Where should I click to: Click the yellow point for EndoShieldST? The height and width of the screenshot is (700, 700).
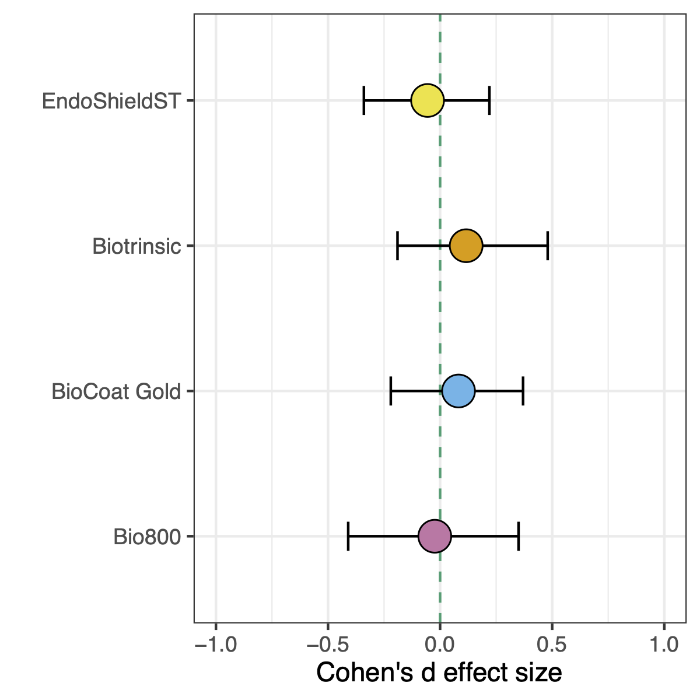point(428,100)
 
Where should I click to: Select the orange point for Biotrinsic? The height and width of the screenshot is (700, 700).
point(466,246)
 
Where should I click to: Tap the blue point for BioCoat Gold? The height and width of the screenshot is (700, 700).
point(459,391)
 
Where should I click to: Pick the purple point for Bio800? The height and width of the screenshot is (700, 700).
point(435,536)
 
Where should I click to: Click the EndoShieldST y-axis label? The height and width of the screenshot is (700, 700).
point(111,101)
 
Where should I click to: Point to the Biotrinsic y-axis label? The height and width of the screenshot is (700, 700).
point(136,246)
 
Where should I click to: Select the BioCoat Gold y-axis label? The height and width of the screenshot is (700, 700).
point(116,391)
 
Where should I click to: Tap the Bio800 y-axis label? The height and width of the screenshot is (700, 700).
point(148,537)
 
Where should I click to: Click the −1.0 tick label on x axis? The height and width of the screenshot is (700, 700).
point(216,645)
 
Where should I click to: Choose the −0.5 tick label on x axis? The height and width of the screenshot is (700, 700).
point(328,645)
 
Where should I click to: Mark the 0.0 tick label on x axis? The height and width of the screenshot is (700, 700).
point(440,645)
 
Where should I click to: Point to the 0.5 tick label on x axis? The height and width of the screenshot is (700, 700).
point(552,645)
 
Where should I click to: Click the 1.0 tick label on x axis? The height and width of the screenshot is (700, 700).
point(664,645)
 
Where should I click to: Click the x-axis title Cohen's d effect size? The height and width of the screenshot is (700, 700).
point(439,673)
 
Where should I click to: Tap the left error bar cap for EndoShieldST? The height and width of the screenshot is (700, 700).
point(364,100)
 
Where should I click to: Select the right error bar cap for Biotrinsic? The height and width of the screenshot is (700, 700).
point(547,246)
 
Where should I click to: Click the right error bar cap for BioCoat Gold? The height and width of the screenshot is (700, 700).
point(523,391)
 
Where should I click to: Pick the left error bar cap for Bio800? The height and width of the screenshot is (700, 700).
point(348,536)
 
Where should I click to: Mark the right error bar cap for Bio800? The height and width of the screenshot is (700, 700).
point(518,536)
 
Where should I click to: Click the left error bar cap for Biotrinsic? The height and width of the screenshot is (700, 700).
point(398,246)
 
